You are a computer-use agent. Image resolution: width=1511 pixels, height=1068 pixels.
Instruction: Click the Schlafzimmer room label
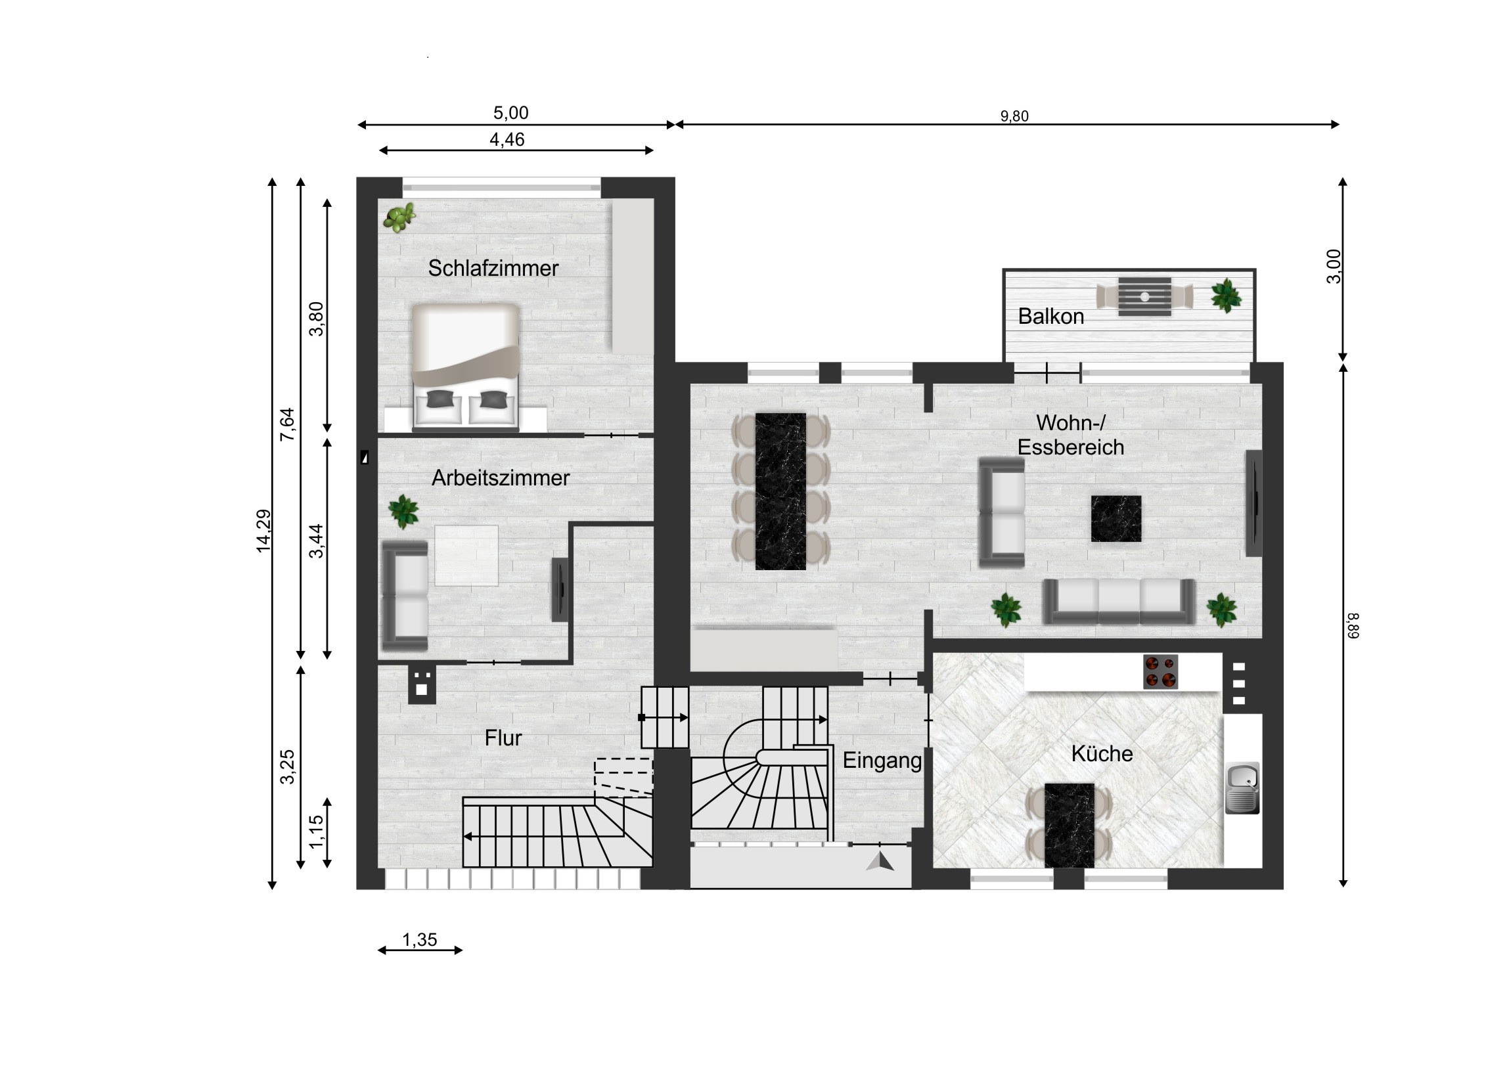click(493, 269)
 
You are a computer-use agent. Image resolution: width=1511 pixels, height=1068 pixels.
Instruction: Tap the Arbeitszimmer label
click(500, 478)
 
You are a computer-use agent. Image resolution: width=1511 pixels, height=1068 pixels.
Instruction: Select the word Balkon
click(1051, 317)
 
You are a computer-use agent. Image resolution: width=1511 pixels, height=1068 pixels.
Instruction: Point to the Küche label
click(1102, 753)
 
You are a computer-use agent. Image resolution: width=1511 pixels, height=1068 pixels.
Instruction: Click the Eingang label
click(882, 761)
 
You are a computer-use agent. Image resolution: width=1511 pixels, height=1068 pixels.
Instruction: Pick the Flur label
click(503, 738)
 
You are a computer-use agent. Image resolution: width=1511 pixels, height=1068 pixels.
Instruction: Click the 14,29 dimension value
click(263, 531)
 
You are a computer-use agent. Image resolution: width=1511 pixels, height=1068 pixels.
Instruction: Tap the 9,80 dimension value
click(1014, 116)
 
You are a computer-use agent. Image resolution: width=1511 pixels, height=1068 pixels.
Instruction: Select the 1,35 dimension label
click(420, 940)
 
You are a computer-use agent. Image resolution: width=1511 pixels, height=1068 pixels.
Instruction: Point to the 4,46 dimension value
click(507, 139)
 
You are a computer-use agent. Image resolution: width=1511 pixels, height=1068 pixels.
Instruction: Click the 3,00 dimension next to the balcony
click(1333, 267)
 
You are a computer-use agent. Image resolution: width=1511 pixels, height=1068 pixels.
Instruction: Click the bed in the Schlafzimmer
click(466, 366)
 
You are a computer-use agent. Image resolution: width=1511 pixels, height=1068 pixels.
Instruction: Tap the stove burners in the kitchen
click(1160, 672)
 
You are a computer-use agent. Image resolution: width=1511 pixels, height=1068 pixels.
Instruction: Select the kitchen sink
click(1242, 788)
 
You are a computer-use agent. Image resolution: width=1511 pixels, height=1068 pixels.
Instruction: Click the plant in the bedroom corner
click(400, 217)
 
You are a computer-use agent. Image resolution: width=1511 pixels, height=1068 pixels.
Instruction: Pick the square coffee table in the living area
click(1116, 518)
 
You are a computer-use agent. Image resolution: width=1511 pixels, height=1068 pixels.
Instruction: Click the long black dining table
click(780, 491)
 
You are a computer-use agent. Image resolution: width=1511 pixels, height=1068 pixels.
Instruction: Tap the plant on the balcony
click(1226, 296)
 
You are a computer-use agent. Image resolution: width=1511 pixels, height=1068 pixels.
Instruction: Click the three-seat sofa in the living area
click(1119, 602)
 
